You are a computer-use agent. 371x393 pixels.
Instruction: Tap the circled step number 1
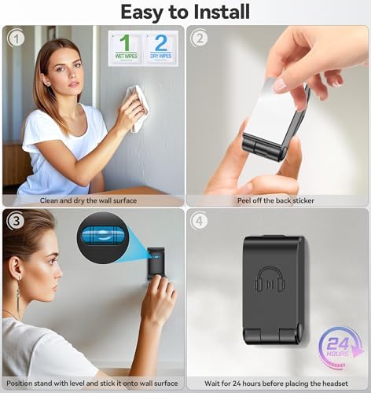pos(17,39)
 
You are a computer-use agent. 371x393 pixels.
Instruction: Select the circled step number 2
pos(199,39)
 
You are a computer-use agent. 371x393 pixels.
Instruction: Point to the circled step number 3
pos(17,221)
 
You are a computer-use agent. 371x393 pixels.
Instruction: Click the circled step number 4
pos(199,221)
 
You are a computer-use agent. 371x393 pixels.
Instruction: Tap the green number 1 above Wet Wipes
pos(126,42)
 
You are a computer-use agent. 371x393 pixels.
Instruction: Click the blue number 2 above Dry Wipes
pos(161,42)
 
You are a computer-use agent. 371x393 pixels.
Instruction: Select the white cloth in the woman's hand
pos(137,108)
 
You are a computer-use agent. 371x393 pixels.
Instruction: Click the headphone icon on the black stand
pos(270,280)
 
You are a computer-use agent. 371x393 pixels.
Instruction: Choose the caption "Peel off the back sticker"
pos(276,200)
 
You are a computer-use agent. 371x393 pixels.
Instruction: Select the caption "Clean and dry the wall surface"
pos(88,200)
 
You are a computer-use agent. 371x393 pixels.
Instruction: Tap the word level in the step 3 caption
pos(77,384)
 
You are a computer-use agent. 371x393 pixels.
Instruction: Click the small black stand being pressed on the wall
pos(156,264)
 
